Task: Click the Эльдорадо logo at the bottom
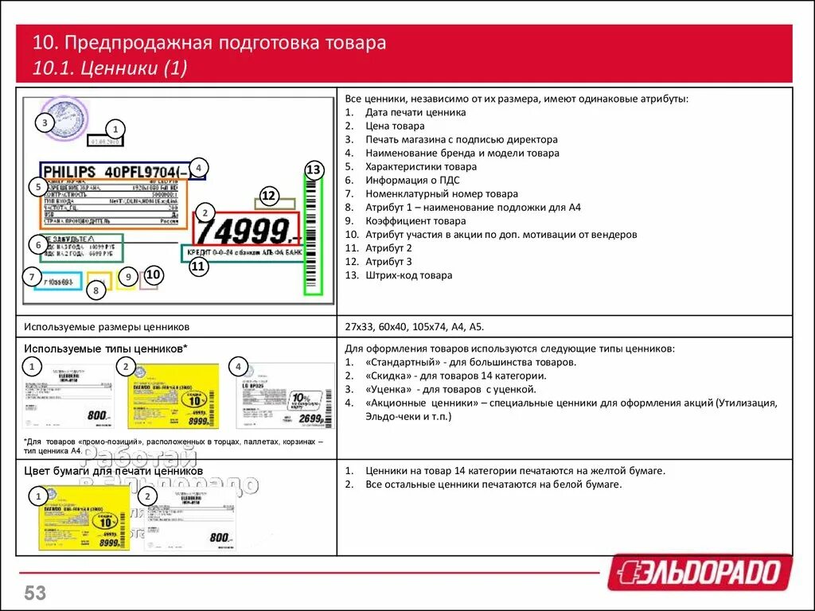(x=700, y=572)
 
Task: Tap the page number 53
(x=35, y=593)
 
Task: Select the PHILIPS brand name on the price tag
(x=69, y=172)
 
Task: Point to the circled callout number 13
(x=314, y=169)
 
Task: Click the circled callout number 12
(x=268, y=196)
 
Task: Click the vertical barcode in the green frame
(x=313, y=235)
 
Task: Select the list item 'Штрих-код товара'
(x=408, y=275)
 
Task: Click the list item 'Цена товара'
(x=395, y=126)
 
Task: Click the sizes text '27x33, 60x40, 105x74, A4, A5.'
(x=414, y=326)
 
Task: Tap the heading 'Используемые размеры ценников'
(x=107, y=326)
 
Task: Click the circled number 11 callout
(x=198, y=267)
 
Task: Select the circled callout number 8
(x=96, y=291)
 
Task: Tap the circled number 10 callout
(x=153, y=275)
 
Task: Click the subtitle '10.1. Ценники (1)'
(x=110, y=68)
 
